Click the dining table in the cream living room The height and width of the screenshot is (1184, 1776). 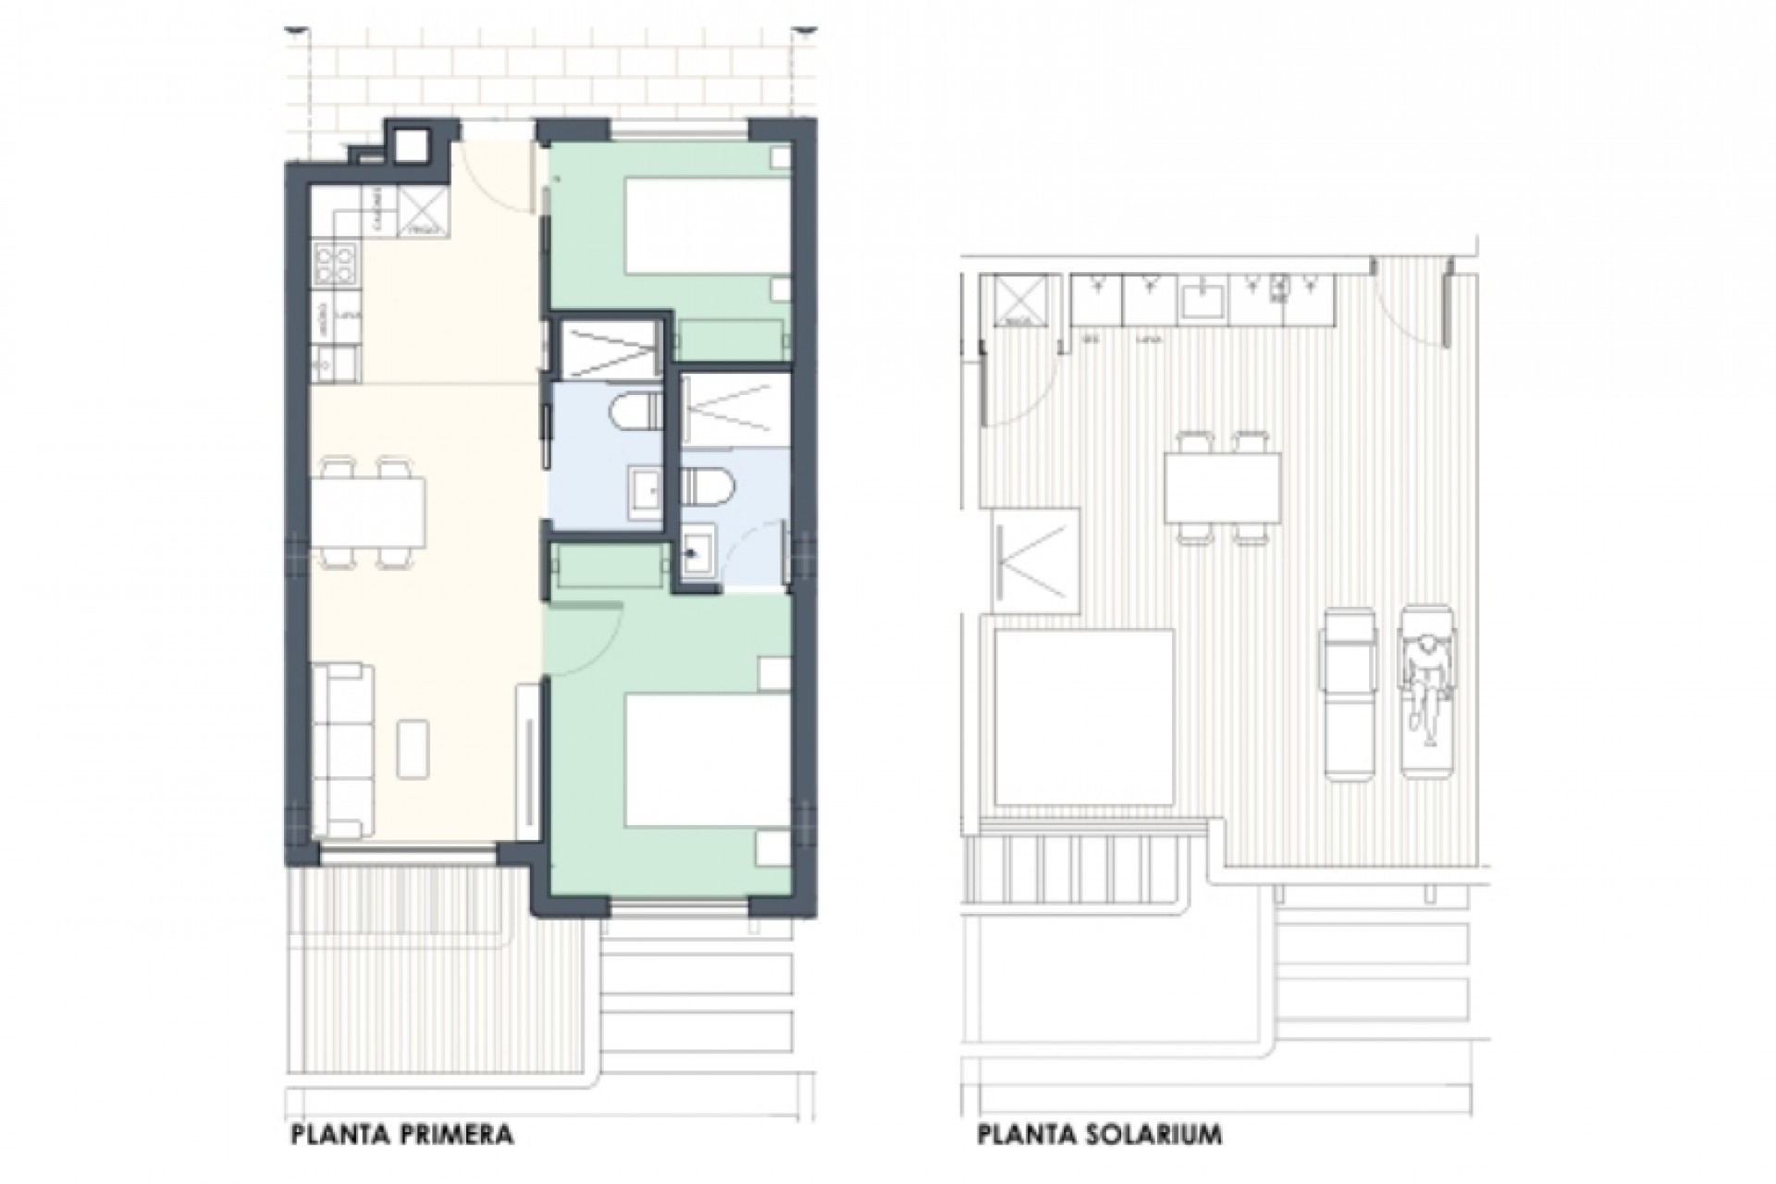click(367, 512)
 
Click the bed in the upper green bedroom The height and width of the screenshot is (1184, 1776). click(706, 227)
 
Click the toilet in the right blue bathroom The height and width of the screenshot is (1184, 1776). click(708, 482)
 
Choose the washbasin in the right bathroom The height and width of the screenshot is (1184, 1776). click(697, 553)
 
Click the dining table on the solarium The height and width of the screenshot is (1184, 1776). click(1223, 487)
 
